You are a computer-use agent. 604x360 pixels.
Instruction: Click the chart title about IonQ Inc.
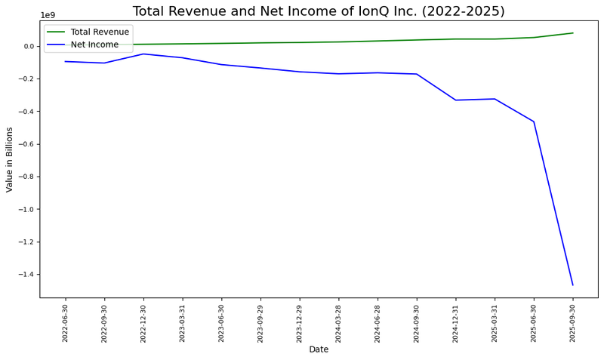pos(319,11)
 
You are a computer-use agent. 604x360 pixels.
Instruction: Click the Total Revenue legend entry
pos(99,32)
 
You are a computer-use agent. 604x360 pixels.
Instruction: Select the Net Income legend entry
pos(94,45)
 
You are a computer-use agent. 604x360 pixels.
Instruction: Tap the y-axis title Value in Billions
pos(10,159)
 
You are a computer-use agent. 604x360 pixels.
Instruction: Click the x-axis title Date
pos(319,349)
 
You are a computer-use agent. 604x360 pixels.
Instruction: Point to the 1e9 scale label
pos(48,15)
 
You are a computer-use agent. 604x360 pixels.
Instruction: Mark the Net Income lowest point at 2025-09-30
pos(572,285)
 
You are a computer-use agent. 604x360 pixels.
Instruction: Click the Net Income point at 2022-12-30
pos(143,54)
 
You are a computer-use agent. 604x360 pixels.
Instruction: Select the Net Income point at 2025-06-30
pos(534,122)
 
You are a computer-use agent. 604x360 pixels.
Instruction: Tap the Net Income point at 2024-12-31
pos(456,100)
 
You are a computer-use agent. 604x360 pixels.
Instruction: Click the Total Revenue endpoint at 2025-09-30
pos(572,33)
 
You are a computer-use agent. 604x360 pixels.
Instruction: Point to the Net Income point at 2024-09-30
pos(417,74)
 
